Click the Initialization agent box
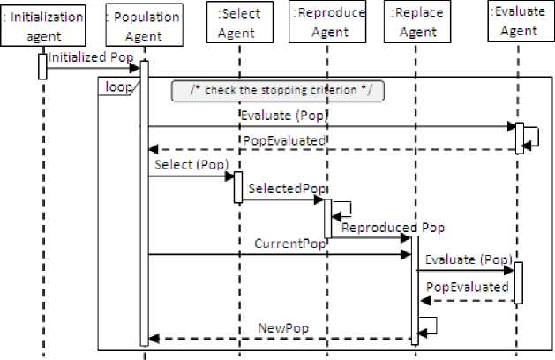tap(43, 25)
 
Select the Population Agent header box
tap(143, 25)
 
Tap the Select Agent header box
tap(236, 25)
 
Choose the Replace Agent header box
tap(414, 25)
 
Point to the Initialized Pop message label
tap(90, 56)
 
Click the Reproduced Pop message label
tap(393, 227)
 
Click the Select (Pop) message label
tap(191, 164)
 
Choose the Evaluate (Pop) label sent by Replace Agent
tap(468, 259)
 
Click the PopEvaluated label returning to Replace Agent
tap(467, 287)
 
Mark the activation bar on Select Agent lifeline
tap(237, 186)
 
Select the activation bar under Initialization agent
tap(42, 66)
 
